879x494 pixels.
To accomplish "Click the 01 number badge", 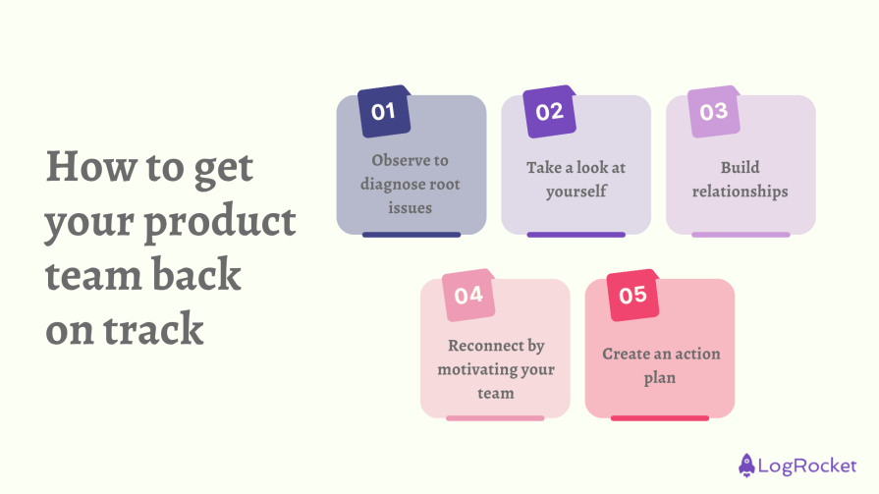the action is point(384,111).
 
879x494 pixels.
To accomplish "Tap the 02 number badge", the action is point(549,111).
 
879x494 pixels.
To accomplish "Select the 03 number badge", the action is point(714,111).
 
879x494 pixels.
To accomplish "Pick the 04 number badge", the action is point(468,295).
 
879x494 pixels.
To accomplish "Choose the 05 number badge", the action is point(632,295).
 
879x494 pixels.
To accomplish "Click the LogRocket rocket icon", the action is point(746,466).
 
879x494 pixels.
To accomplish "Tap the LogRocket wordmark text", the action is point(807,466).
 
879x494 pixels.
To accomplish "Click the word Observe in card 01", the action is point(410,160).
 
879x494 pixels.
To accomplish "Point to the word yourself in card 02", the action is point(577,192).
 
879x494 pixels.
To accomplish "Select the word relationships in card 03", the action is point(740,192).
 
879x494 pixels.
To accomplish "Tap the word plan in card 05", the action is point(660,378).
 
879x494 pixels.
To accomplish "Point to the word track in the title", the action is point(153,329).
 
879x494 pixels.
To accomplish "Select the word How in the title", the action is point(91,167).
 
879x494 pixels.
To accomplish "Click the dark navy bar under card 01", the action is point(412,235).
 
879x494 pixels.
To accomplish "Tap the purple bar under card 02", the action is point(577,235).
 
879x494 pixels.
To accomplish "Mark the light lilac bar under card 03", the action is point(742,235).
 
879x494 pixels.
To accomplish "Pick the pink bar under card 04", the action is point(496,418).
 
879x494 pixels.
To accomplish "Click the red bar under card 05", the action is point(660,418).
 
